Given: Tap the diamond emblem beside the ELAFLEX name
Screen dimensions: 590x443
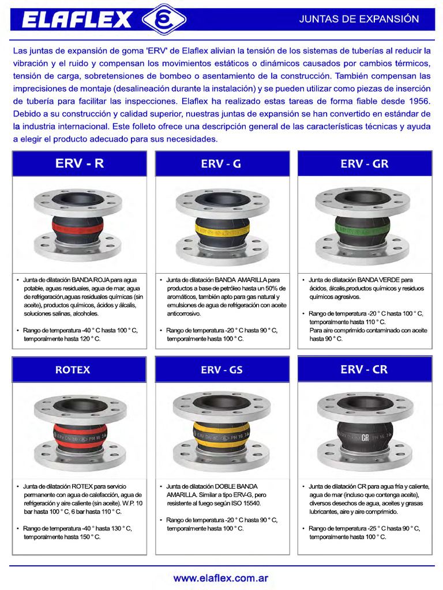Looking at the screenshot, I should click(x=164, y=20).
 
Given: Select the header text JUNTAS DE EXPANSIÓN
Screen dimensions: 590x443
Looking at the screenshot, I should click(x=359, y=19).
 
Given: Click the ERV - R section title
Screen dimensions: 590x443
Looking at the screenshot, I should click(x=80, y=164).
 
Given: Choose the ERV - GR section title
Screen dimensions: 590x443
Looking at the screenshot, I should click(x=365, y=164).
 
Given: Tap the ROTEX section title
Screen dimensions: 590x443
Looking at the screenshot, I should click(x=73, y=369).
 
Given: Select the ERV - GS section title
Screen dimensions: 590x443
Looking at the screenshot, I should click(x=221, y=370).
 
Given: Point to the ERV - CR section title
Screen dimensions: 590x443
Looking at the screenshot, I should click(x=364, y=369).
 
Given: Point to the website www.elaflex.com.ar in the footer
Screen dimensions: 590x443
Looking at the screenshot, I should click(x=221, y=577).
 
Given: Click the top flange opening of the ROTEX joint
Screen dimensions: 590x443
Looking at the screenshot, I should click(x=80, y=405).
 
